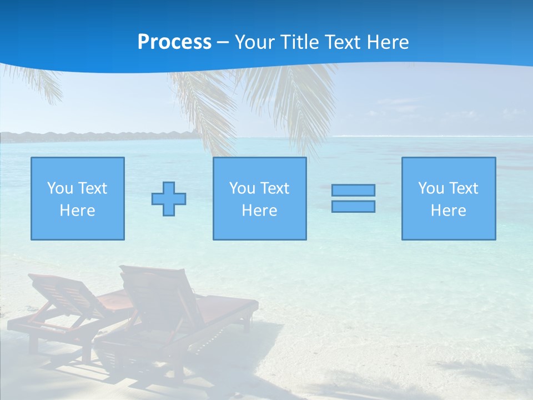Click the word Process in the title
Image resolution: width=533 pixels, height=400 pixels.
click(174, 42)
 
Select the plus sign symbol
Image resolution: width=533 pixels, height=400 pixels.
click(169, 199)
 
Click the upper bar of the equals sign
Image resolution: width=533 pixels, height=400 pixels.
click(353, 190)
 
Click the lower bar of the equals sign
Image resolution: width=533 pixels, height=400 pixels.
click(353, 206)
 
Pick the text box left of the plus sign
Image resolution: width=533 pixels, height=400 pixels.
click(78, 199)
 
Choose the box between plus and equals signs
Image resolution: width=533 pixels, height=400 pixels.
click(260, 199)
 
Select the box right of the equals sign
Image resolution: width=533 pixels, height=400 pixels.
click(449, 199)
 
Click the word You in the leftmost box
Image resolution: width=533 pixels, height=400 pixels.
click(59, 188)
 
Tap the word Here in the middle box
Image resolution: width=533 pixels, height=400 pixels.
click(260, 211)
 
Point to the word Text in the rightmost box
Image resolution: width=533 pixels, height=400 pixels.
click(463, 188)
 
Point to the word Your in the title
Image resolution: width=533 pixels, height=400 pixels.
click(255, 42)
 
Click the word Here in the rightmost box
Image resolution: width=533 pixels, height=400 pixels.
click(449, 211)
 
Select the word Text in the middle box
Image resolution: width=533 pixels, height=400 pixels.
click(274, 188)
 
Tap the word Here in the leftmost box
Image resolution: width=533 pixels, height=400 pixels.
click(78, 211)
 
